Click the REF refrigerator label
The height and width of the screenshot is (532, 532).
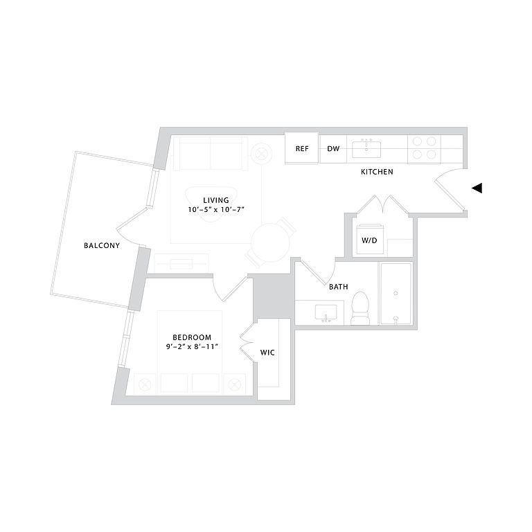point(302,149)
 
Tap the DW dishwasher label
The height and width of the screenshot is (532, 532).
point(333,149)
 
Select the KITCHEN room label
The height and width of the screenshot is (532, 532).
point(377,172)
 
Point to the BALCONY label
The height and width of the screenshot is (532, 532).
point(101,246)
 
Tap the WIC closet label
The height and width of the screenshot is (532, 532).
point(267,353)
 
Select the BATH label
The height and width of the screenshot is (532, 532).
point(339,286)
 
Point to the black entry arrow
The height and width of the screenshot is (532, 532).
point(477,188)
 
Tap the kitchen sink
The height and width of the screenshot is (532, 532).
point(364,148)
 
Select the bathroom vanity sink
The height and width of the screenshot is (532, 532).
point(325,312)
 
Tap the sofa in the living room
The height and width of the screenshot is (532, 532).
point(211,153)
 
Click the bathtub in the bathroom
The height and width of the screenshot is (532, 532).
point(395,294)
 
